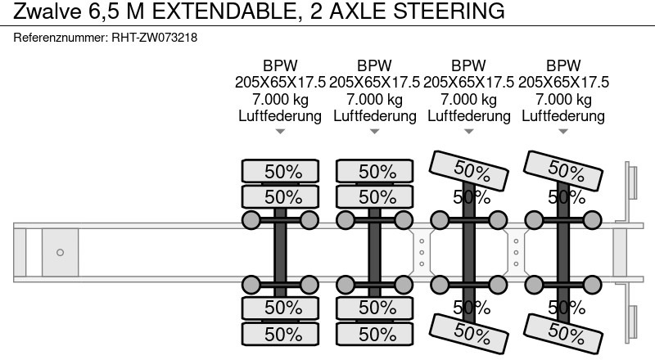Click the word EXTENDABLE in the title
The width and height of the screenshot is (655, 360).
[x=224, y=11]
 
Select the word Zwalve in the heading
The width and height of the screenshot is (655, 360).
[x=47, y=11]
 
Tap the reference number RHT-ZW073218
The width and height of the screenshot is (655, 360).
[x=154, y=38]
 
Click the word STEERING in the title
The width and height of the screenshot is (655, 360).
[x=449, y=11]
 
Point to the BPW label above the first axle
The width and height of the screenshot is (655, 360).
[x=280, y=65]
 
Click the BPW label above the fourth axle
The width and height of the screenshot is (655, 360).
[x=563, y=65]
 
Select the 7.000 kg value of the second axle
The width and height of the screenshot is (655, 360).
[x=374, y=99]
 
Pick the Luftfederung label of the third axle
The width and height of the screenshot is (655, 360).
[x=468, y=115]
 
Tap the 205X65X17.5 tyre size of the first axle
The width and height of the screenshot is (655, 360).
[x=280, y=83]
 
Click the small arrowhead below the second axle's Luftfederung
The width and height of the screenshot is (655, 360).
[x=374, y=132]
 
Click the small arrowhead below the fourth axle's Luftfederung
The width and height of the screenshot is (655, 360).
[x=563, y=132]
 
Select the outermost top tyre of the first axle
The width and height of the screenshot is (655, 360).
[x=280, y=171]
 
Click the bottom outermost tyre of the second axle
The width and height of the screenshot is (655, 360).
[x=374, y=334]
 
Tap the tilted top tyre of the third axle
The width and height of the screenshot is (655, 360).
[x=468, y=170]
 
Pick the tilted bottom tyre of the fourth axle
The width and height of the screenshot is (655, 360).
[x=563, y=333]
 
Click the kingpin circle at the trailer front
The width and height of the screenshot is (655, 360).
[x=60, y=252]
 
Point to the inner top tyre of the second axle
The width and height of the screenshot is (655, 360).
[x=374, y=196]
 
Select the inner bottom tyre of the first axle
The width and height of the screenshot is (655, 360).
[x=280, y=308]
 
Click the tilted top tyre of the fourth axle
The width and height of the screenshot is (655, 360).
[x=563, y=170]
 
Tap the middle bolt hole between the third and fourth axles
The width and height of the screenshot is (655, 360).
[x=516, y=253]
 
